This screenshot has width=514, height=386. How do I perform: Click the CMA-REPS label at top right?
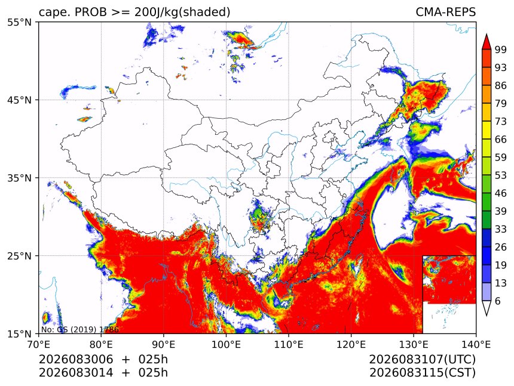(x=445, y=12)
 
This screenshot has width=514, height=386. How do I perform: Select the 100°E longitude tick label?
(x=226, y=344)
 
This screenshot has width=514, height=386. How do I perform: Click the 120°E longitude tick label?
(x=351, y=344)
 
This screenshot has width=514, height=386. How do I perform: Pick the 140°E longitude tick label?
(x=476, y=344)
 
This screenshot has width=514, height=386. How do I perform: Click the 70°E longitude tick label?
(x=39, y=344)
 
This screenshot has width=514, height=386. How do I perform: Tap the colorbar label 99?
(x=501, y=50)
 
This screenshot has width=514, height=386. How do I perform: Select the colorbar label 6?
(x=498, y=301)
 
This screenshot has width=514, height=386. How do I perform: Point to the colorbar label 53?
(x=501, y=175)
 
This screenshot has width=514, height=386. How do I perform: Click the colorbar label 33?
(x=501, y=229)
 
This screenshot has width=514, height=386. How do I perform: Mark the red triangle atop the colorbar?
(x=486, y=42)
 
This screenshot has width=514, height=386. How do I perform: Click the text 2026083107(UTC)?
(x=422, y=360)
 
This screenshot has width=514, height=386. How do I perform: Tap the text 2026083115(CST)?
(x=422, y=373)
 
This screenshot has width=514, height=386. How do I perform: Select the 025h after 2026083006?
(x=153, y=360)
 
